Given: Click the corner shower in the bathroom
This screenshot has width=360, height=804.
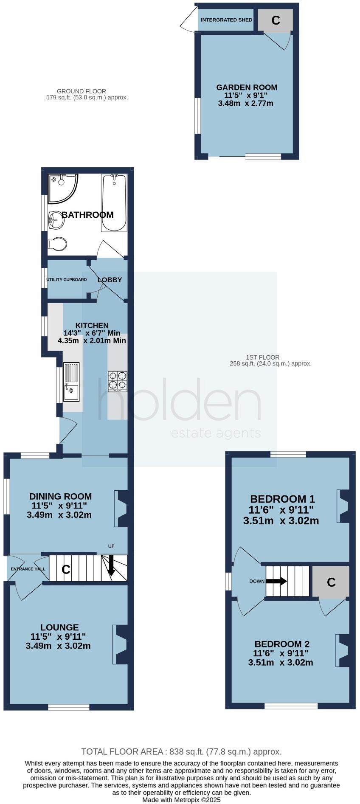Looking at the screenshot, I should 62,188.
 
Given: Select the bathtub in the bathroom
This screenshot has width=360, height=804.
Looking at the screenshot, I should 114,203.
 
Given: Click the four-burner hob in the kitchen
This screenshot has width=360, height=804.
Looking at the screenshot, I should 118,380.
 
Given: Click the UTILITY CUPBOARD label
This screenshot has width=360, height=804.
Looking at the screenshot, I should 66,280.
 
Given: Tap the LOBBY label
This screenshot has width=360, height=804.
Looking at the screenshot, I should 110,280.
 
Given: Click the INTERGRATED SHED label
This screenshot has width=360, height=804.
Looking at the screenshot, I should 226,20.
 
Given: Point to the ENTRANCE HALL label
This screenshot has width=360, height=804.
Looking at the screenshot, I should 28,569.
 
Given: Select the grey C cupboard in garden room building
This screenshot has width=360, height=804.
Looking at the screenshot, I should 276,20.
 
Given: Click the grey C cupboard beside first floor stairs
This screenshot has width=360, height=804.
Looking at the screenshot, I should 331,582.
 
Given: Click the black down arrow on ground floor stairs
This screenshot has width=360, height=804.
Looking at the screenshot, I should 111,566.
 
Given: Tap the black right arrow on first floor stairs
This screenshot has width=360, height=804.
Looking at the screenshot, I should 277,581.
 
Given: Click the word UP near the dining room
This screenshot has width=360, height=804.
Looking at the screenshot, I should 111,546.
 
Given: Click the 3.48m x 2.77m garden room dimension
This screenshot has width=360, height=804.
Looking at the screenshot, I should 245,103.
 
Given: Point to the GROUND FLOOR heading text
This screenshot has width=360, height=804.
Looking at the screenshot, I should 82,91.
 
